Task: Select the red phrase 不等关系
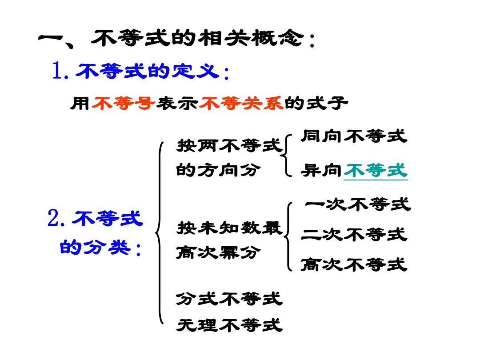coord(241,103)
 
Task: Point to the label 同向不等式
coord(354,136)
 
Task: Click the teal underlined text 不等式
coord(376,170)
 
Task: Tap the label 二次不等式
coord(354,235)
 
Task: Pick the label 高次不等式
coord(354,264)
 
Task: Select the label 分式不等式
coord(229,299)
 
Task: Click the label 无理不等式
coord(229,325)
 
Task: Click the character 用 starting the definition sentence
coord(80,103)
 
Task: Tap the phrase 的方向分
coord(218,170)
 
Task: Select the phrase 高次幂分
coord(218,253)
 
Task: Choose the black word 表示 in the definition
coord(177,103)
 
